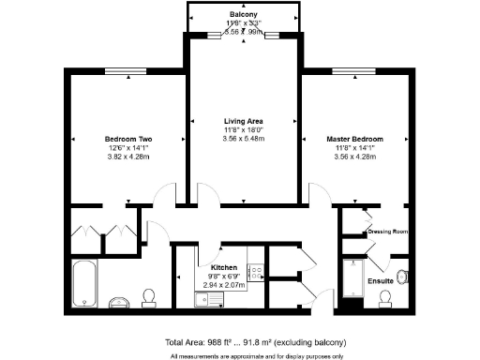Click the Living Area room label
coord(243,121)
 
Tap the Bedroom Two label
coord(128,140)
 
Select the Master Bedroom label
coord(354,140)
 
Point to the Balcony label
coord(244,16)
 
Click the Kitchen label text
coord(223,267)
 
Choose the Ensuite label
coord(380,280)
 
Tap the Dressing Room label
coord(384,231)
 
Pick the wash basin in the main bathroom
coord(119,302)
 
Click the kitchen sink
coord(208,298)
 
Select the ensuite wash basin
coord(403,276)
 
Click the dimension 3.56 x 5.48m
coord(243,139)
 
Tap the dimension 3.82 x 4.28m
coord(128,157)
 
